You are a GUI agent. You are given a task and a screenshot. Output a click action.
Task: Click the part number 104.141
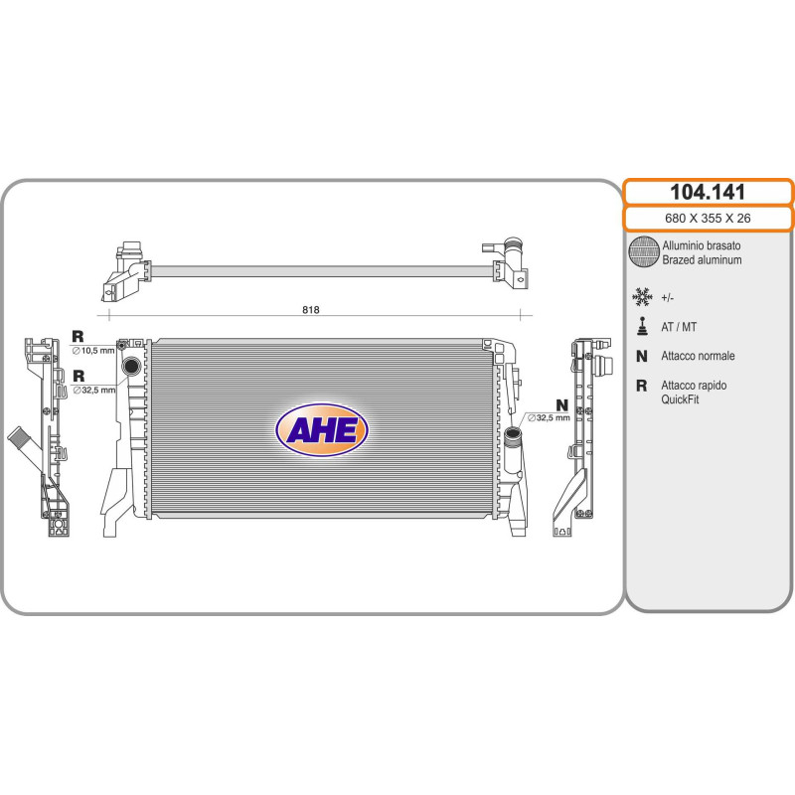tap(708, 192)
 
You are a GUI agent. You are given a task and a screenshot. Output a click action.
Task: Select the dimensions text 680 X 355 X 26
tap(708, 218)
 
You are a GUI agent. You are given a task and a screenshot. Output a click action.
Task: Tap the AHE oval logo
tap(321, 430)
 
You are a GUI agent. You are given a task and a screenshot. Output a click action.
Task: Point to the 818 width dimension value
tap(311, 310)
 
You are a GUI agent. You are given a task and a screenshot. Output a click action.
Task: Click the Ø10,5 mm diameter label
tap(93, 351)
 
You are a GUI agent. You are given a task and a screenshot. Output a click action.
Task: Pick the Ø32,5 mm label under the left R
tap(94, 390)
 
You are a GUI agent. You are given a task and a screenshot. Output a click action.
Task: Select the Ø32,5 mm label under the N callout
tap(549, 417)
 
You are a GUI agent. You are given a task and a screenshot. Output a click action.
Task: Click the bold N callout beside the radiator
tap(561, 405)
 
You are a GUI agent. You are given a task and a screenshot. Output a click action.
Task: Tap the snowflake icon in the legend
tap(642, 296)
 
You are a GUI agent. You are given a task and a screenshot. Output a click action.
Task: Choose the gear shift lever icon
tap(642, 327)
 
